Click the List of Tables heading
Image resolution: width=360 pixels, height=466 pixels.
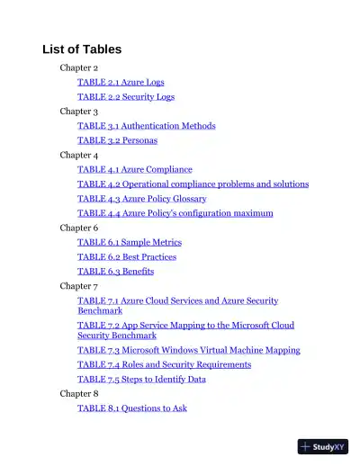[x=82, y=49]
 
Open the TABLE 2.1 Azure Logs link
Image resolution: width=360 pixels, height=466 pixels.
[x=121, y=82]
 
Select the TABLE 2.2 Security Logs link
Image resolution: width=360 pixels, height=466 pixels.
[x=126, y=96]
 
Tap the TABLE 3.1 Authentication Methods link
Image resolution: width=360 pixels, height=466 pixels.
[x=146, y=126]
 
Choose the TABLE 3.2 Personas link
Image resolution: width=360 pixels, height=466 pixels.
[x=116, y=140]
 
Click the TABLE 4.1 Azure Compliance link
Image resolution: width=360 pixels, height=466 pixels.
[x=134, y=169]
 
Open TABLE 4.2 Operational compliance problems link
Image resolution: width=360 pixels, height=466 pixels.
[x=193, y=184]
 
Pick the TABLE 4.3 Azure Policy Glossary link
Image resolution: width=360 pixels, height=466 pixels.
[x=141, y=198]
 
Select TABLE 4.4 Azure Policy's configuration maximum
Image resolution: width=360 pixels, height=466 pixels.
[x=175, y=213]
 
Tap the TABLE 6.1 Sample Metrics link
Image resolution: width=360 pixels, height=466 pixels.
[x=129, y=242]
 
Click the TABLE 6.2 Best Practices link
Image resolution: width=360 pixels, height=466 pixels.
[x=127, y=256]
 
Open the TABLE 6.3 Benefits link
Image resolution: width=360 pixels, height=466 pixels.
[x=115, y=271]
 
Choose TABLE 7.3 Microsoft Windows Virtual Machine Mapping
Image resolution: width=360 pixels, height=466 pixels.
[x=188, y=350]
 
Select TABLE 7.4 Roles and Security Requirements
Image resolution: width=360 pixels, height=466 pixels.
[x=164, y=364]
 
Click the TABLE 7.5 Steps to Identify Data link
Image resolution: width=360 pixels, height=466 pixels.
[x=141, y=379]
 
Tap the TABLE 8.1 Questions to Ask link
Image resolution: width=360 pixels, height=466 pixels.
[x=132, y=408]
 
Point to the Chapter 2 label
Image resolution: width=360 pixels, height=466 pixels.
[x=79, y=67]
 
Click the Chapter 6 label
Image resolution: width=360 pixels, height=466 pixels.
[x=79, y=228]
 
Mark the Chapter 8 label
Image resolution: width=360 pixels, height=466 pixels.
[x=79, y=393]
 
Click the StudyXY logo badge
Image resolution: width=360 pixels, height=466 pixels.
[x=322, y=446]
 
